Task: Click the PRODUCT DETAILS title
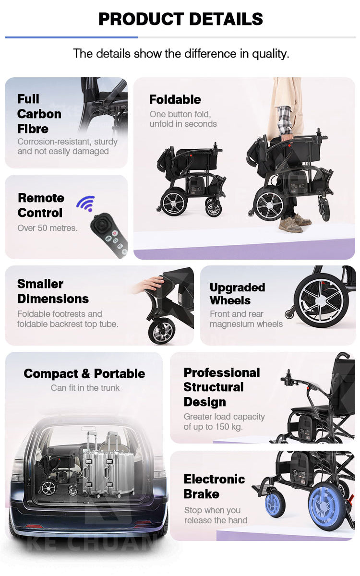pyautogui.click(x=180, y=19)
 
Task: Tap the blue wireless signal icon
pyautogui.click(x=85, y=204)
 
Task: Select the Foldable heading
pyautogui.click(x=175, y=99)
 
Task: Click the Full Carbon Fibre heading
pyautogui.click(x=39, y=114)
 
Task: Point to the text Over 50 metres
pyautogui.click(x=47, y=228)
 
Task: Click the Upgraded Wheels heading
pyautogui.click(x=237, y=294)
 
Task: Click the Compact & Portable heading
pyautogui.click(x=84, y=373)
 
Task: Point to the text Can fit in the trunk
pyautogui.click(x=85, y=388)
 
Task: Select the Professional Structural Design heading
pyautogui.click(x=221, y=387)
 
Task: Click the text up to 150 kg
pyautogui.click(x=213, y=427)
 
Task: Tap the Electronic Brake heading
pyautogui.click(x=214, y=486)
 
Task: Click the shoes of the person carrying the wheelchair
pyautogui.click(x=294, y=222)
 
